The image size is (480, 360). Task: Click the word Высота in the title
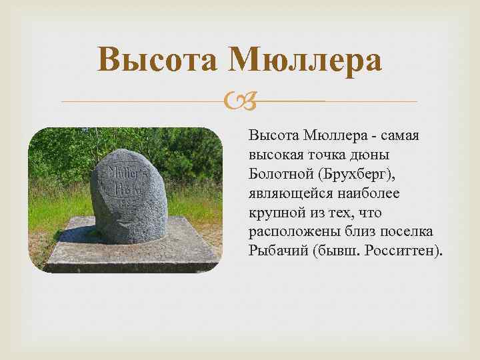click(157, 61)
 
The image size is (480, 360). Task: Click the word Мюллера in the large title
click(305, 61)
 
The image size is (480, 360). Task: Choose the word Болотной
click(280, 174)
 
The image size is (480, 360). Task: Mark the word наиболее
click(365, 193)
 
